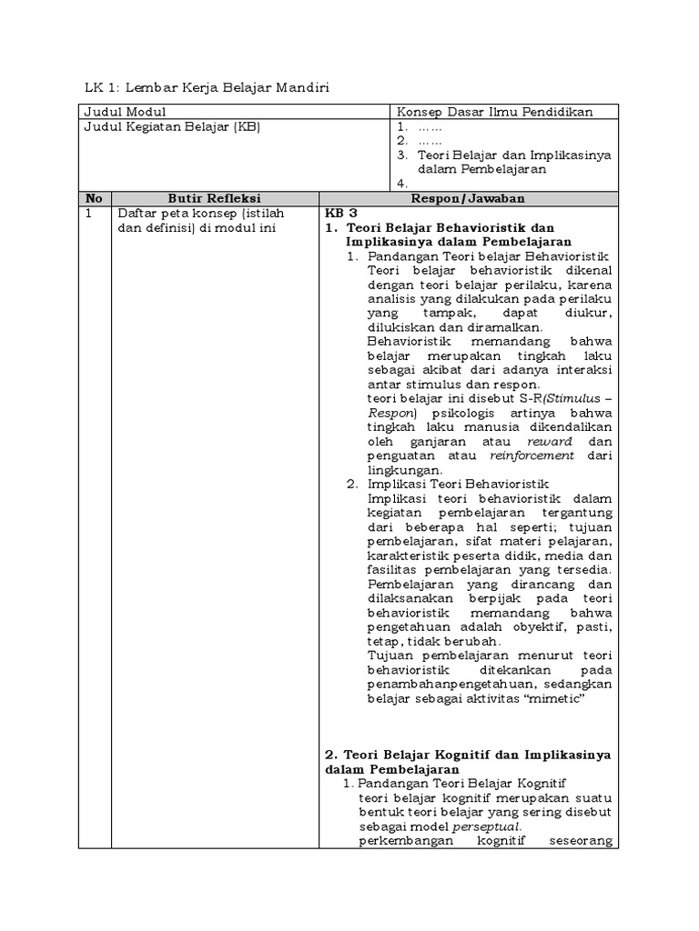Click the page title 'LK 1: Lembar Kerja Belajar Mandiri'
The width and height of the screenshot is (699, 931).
click(206, 87)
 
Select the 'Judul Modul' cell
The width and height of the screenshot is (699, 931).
click(125, 112)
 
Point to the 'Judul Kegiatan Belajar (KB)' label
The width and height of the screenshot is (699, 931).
click(172, 127)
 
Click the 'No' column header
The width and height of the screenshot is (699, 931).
click(93, 198)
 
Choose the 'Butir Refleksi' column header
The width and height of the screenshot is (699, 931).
click(214, 198)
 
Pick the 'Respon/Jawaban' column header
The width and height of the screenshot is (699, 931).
click(468, 198)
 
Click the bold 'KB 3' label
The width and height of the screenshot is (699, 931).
click(342, 213)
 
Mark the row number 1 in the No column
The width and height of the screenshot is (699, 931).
click(87, 213)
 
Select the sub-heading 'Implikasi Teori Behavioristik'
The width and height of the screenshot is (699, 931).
click(461, 486)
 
